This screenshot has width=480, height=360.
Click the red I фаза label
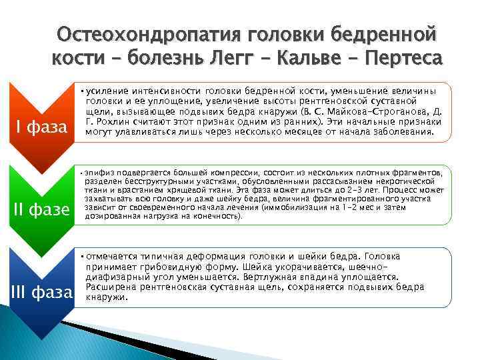click(41, 126)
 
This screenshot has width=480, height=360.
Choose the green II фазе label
click(41, 210)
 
